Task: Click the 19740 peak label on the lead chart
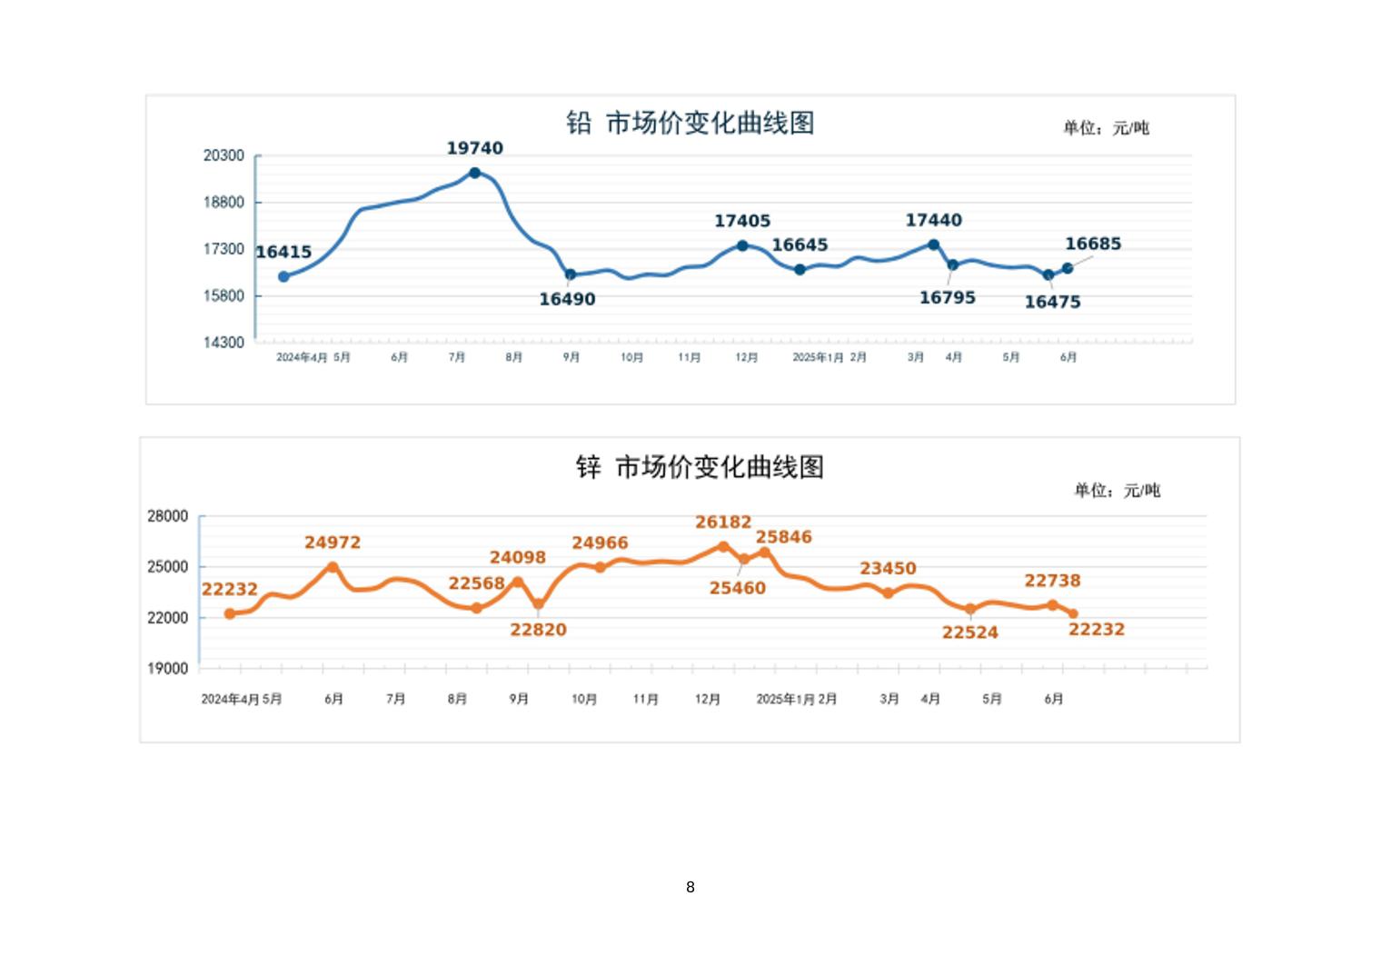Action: pyautogui.click(x=474, y=148)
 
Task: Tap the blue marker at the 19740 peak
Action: pyautogui.click(x=474, y=173)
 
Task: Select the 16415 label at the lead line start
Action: pyautogui.click(x=283, y=252)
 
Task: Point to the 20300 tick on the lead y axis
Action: pyautogui.click(x=224, y=155)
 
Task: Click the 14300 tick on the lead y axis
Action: pyautogui.click(x=224, y=343)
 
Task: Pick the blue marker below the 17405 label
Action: pyautogui.click(x=742, y=245)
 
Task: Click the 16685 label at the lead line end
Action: pyautogui.click(x=1093, y=244)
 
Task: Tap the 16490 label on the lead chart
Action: pyautogui.click(x=567, y=299)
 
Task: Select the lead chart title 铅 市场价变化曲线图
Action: pyautogui.click(x=690, y=123)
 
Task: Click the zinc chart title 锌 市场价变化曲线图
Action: pyautogui.click(x=700, y=467)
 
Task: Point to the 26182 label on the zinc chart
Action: pyautogui.click(x=723, y=522)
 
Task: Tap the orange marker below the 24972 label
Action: pyautogui.click(x=333, y=567)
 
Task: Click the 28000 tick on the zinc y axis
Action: pyautogui.click(x=168, y=516)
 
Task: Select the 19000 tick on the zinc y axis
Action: pyautogui.click(x=168, y=668)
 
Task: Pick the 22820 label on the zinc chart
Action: pyautogui.click(x=538, y=630)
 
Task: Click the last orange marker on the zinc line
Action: pyautogui.click(x=1073, y=614)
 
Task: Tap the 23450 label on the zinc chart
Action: pyautogui.click(x=888, y=568)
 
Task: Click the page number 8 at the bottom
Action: pyautogui.click(x=690, y=887)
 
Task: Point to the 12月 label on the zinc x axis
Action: pyautogui.click(x=708, y=699)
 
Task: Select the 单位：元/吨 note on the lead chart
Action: pyautogui.click(x=1106, y=128)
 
